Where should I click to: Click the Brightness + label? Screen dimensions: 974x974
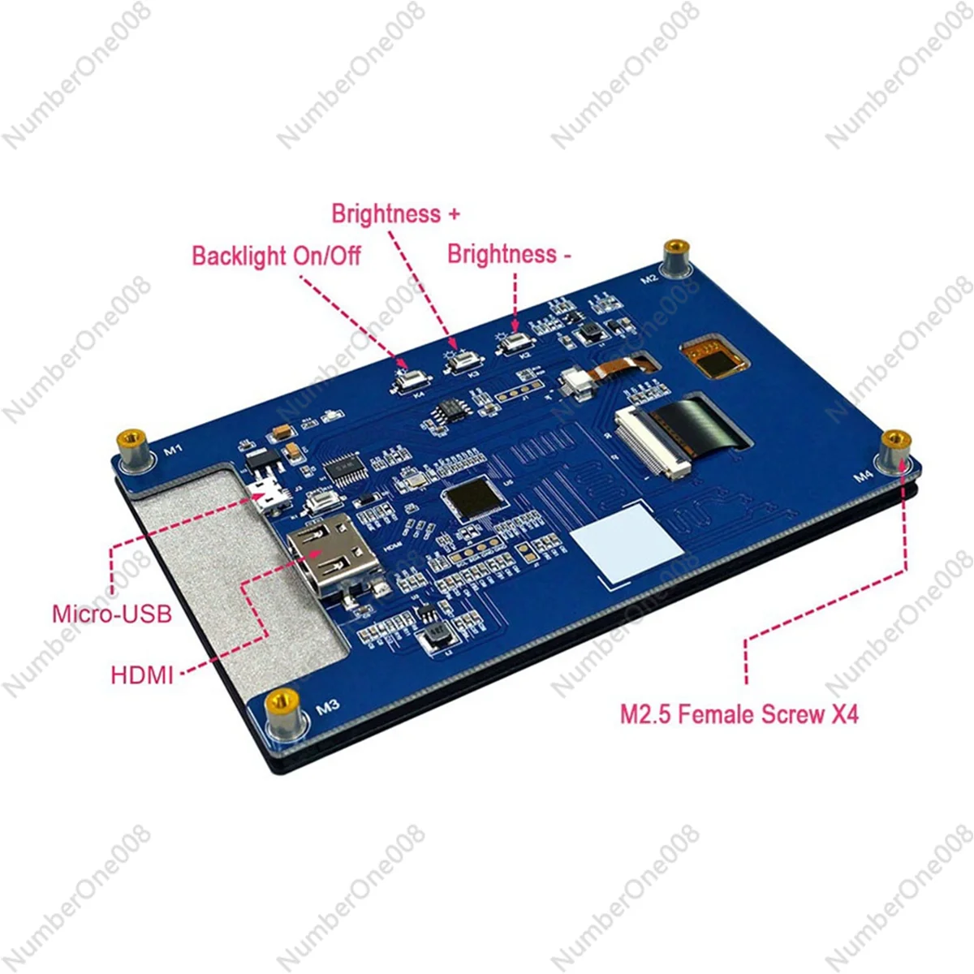click(395, 214)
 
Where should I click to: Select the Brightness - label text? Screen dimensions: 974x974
click(509, 254)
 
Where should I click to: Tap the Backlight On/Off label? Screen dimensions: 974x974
click(276, 256)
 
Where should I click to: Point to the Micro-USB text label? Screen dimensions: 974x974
click(112, 613)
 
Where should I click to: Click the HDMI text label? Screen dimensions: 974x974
click(142, 674)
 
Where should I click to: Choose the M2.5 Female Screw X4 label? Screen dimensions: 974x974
click(739, 714)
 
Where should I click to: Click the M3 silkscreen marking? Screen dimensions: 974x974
click(327, 707)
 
